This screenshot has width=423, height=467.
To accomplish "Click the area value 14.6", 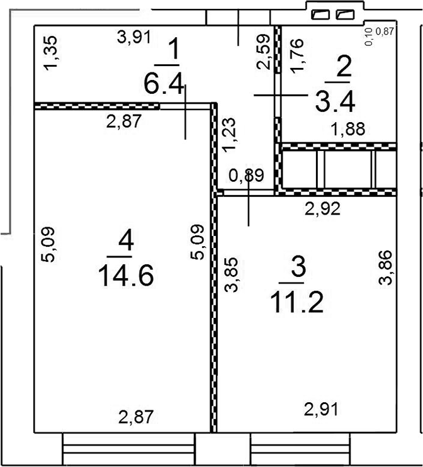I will point(127,275).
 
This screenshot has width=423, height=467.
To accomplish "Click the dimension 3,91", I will point(135,37).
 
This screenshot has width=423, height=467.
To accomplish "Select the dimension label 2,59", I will point(265,52).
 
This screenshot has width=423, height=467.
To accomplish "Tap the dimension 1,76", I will point(298,56).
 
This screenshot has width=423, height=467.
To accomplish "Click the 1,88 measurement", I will point(348,129).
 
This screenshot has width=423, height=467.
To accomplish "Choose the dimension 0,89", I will point(245,177).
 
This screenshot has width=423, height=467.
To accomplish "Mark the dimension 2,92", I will point(323,208).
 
